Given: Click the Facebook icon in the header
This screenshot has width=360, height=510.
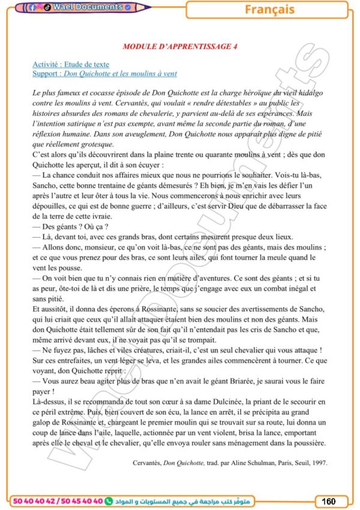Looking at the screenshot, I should click(x=32, y=8).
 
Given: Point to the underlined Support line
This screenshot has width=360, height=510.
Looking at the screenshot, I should click(x=104, y=74).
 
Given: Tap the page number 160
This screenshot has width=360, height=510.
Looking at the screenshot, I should click(x=328, y=501).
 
